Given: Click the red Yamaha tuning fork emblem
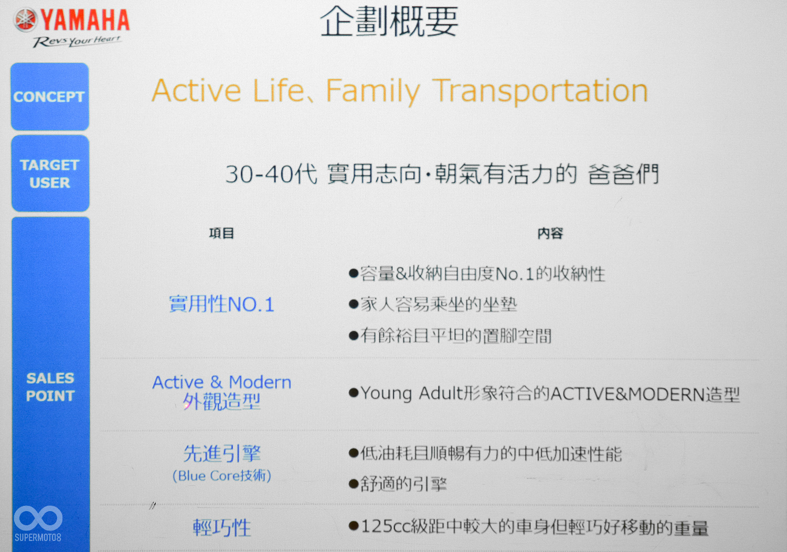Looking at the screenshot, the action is pyautogui.click(x=25, y=19).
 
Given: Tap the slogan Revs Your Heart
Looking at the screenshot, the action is pyautogui.click(x=77, y=41).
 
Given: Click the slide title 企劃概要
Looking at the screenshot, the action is pyautogui.click(x=389, y=22).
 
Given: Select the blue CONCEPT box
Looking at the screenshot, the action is pyautogui.click(x=49, y=96).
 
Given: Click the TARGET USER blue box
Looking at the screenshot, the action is pyautogui.click(x=50, y=174).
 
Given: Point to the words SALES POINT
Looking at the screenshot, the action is pyautogui.click(x=50, y=387).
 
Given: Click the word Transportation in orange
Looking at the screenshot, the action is pyautogui.click(x=540, y=91).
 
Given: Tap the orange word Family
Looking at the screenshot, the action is pyautogui.click(x=373, y=91).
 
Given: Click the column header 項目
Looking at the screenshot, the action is pyautogui.click(x=221, y=233).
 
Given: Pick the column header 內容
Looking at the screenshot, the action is pyautogui.click(x=550, y=233).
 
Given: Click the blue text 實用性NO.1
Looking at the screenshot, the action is pyautogui.click(x=221, y=304).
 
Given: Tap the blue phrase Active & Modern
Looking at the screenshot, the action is pyautogui.click(x=222, y=382).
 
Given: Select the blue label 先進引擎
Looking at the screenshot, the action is pyautogui.click(x=222, y=453).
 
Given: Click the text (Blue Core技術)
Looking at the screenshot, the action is pyautogui.click(x=222, y=476).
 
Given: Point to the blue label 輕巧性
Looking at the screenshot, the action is pyautogui.click(x=222, y=527).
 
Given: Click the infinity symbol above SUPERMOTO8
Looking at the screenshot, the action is pyautogui.click(x=38, y=518).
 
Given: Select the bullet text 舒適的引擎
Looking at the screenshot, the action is pyautogui.click(x=403, y=484).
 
